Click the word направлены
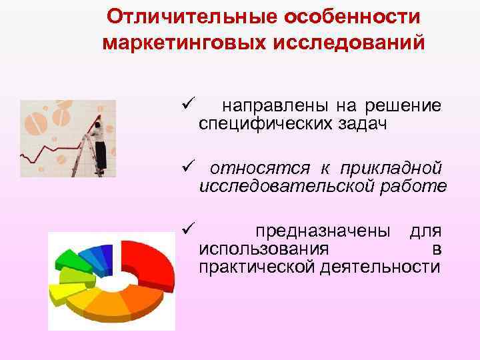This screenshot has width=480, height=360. pos(274,105)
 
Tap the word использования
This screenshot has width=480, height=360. pos(263,250)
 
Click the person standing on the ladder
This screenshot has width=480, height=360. pos(100,143)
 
